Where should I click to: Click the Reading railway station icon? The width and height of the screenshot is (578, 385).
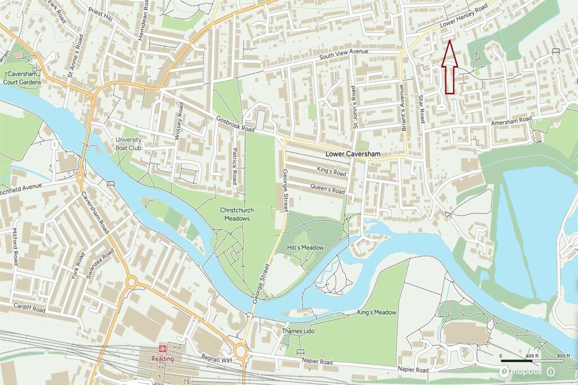(163, 348)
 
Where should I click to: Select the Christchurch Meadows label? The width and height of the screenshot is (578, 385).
(237, 214)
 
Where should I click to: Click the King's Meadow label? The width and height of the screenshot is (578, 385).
(377, 312)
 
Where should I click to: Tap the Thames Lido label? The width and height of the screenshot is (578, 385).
(297, 331)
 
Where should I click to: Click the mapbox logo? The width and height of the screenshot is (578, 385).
(520, 371)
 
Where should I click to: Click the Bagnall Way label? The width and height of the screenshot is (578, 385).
(216, 359)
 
